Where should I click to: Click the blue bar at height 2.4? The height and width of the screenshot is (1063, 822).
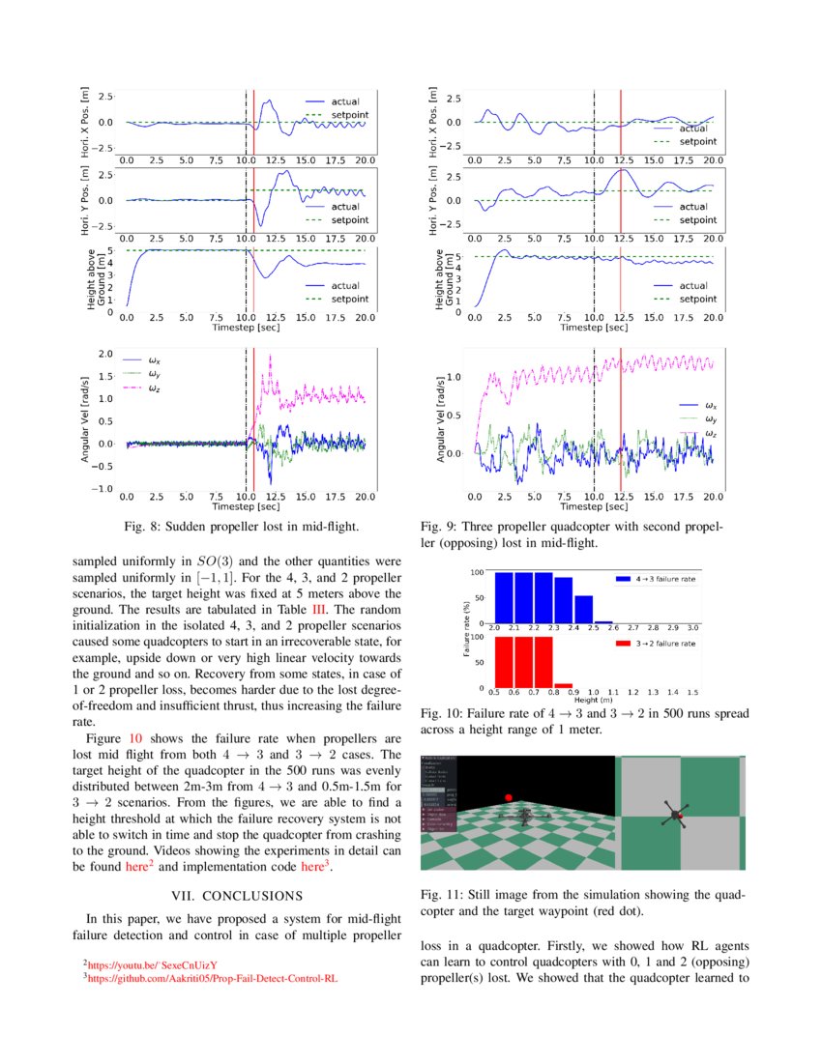(x=583, y=611)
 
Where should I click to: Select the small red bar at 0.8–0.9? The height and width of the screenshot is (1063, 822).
(x=563, y=685)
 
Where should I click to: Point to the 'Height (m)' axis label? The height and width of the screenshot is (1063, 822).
(x=592, y=700)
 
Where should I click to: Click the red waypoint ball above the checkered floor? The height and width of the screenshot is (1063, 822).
(x=507, y=797)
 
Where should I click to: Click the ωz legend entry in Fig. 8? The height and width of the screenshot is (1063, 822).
(x=153, y=388)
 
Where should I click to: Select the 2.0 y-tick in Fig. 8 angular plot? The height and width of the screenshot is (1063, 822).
(x=105, y=354)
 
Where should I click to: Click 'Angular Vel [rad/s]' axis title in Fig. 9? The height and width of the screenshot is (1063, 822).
(x=441, y=418)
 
